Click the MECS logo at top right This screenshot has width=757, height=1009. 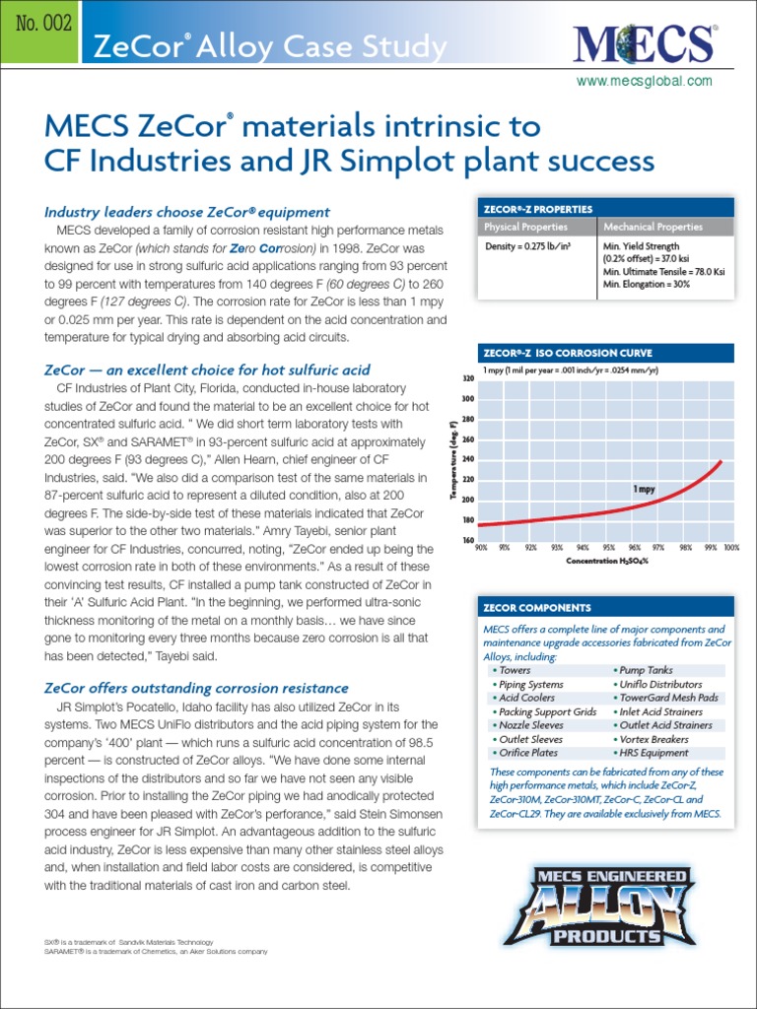coord(644,42)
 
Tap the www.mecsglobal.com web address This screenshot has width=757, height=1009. coord(644,81)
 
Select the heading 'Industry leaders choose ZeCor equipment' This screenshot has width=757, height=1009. coord(187,212)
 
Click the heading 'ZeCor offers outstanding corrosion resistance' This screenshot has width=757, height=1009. coord(196,687)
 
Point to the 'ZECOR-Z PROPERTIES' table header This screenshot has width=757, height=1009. coord(538,209)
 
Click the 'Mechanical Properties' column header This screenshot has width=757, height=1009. coord(653,227)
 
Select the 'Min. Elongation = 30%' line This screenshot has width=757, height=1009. coord(646,284)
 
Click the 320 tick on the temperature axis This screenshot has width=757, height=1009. coord(469,378)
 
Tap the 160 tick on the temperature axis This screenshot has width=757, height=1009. coord(469,540)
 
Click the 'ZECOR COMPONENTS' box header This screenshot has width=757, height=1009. coord(536,608)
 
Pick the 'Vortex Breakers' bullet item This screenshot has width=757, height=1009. coord(653,739)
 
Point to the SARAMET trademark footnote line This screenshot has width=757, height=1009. coord(149,951)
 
